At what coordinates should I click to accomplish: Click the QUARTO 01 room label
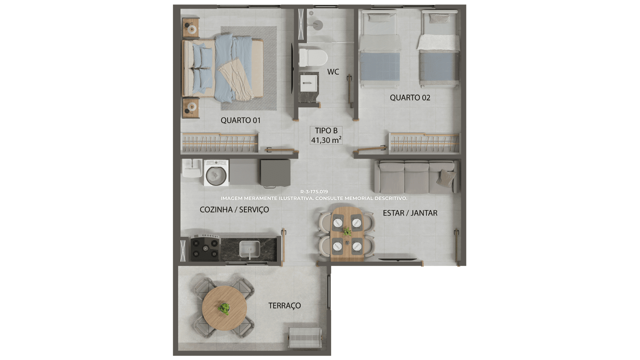click(x=240, y=120)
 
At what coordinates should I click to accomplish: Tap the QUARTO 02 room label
click(x=410, y=98)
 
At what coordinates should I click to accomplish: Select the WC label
click(x=333, y=72)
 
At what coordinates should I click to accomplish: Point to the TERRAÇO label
click(x=284, y=306)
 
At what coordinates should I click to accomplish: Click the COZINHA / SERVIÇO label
click(x=234, y=210)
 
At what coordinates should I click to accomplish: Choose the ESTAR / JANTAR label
click(x=410, y=213)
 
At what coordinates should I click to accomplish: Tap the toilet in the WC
click(x=313, y=58)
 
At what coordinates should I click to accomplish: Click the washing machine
click(x=216, y=173)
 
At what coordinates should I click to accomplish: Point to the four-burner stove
click(x=205, y=248)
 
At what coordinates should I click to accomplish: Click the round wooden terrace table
click(x=224, y=308)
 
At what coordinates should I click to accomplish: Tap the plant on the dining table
click(x=347, y=231)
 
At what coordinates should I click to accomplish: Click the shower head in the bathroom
click(x=318, y=25)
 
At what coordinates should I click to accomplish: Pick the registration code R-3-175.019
click(x=314, y=192)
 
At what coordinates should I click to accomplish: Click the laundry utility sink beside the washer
click(x=192, y=168)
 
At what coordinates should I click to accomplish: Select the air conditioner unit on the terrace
click(x=306, y=338)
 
